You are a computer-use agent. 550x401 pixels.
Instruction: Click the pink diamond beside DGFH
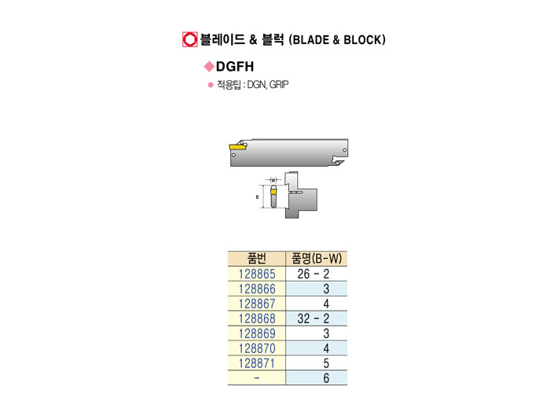coord(209,68)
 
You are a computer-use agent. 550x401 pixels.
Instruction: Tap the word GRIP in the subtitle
coord(279,84)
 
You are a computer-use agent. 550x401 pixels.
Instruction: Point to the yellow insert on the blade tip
coord(236,145)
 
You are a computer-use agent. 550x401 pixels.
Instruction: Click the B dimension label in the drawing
coord(257,197)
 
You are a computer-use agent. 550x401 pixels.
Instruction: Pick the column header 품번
coord(258,259)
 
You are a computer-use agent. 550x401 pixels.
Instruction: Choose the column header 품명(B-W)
coord(318,259)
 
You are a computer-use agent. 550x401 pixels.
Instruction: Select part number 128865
coord(258,274)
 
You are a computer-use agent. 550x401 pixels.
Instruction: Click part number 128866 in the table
coord(258,289)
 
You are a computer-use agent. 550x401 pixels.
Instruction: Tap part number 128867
coord(258,304)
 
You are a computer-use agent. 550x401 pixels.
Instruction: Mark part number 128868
coord(258,318)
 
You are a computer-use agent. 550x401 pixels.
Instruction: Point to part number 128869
coord(258,333)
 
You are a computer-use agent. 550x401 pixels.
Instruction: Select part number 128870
coord(258,348)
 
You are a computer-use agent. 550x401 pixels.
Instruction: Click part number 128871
coord(258,362)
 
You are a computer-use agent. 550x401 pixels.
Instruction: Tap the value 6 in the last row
coord(324,377)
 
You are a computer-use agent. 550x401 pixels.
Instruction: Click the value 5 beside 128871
coord(324,362)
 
